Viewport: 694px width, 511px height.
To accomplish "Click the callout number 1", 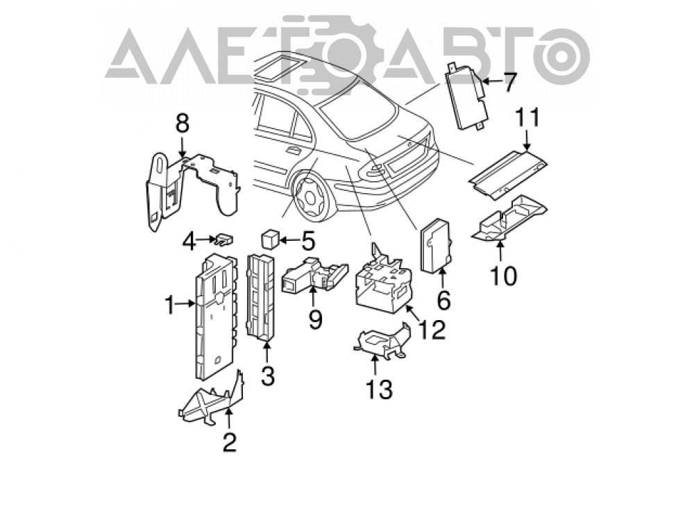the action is point(171,305).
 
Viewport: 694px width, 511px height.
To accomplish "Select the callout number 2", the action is point(229,442).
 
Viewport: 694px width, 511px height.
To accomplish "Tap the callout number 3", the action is point(267,376).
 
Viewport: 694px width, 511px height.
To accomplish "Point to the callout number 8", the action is point(183,124).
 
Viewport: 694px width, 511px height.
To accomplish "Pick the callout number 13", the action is point(379,389).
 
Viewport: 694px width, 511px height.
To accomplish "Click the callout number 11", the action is point(527,118).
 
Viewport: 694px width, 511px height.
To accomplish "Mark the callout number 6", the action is point(443,301).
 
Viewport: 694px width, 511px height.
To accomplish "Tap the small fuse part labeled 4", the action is point(225,240).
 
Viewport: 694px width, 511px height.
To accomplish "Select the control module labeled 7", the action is point(467,94).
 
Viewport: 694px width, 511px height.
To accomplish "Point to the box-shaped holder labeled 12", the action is point(383,280).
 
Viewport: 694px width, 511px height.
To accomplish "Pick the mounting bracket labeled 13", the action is point(382,340).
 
